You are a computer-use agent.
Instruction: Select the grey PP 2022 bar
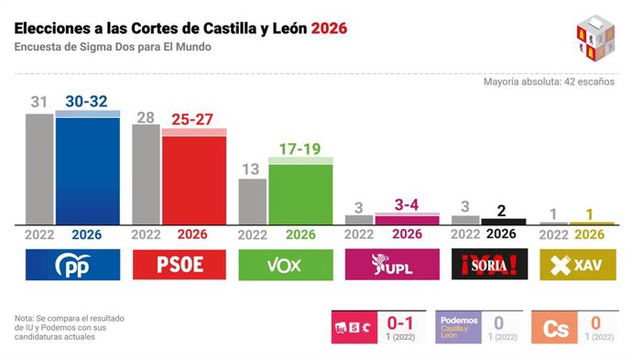coord(39,169)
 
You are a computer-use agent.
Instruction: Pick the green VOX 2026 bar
coord(300,192)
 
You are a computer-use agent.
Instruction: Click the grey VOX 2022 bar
coord(253,202)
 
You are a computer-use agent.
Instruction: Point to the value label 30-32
coord(88,102)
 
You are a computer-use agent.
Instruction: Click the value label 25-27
coord(194,119)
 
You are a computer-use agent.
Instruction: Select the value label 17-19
coord(300,148)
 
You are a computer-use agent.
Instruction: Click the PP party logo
coord(72,265)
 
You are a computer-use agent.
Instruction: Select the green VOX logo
coord(286,265)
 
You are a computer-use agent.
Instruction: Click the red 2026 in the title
coord(329,28)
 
